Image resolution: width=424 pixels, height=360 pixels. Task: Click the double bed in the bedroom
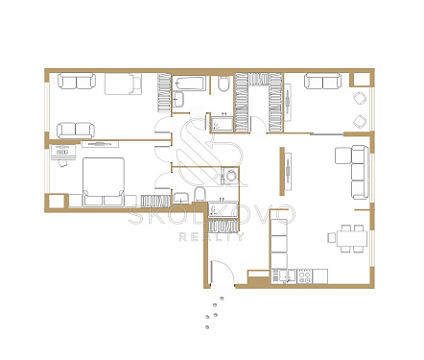click(104, 181)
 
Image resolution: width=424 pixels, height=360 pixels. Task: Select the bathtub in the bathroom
click(189, 84)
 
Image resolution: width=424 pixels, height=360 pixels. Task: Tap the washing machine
click(230, 176)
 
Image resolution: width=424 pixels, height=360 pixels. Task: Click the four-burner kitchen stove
click(304, 276)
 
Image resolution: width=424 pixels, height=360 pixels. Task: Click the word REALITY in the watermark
click(211, 236)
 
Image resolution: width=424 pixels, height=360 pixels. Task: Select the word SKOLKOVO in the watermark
click(211, 214)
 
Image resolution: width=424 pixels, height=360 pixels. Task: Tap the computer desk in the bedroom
click(63, 152)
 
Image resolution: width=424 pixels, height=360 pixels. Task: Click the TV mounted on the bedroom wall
click(100, 144)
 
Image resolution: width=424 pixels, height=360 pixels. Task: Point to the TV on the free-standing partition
click(288, 172)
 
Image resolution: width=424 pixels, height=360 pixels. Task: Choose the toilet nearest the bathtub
click(224, 84)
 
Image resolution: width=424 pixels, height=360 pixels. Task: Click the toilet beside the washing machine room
click(200, 194)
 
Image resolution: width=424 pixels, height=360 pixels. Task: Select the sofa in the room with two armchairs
click(322, 82)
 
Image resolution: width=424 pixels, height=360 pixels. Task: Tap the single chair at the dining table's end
click(332, 238)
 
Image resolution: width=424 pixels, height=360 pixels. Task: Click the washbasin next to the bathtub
click(178, 99)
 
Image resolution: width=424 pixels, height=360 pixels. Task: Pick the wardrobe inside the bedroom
click(155, 201)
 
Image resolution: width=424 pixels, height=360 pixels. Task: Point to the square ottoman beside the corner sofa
click(342, 156)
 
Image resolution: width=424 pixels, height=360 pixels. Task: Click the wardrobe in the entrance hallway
click(224, 226)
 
